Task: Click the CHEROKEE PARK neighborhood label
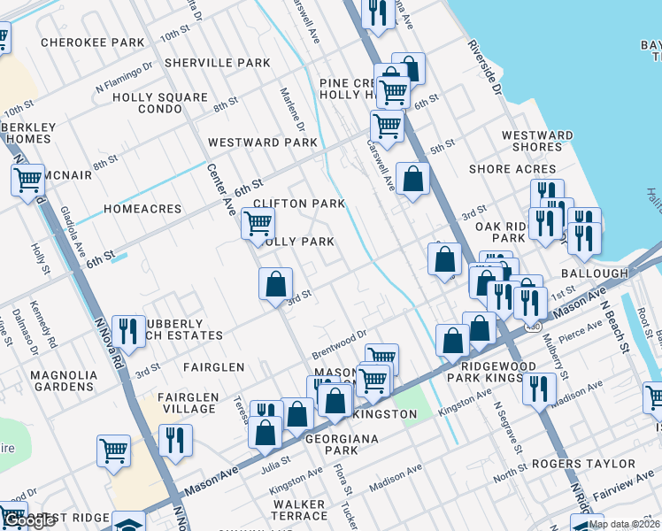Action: [x=92, y=42]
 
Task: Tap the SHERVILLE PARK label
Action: [x=217, y=63]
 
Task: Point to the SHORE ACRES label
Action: [x=512, y=169]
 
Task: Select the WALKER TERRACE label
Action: [x=299, y=509]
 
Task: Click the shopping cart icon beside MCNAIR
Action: [x=28, y=180]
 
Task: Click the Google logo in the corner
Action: [x=28, y=521]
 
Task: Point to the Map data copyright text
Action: [x=624, y=524]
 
